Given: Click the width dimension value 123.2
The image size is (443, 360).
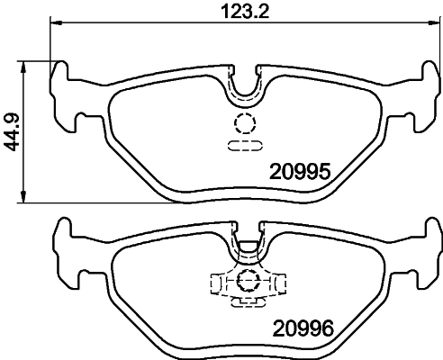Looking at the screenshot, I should point(246,12).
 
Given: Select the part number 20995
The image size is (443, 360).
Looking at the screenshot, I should point(303,170).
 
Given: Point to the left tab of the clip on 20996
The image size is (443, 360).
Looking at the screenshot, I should point(217,283).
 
